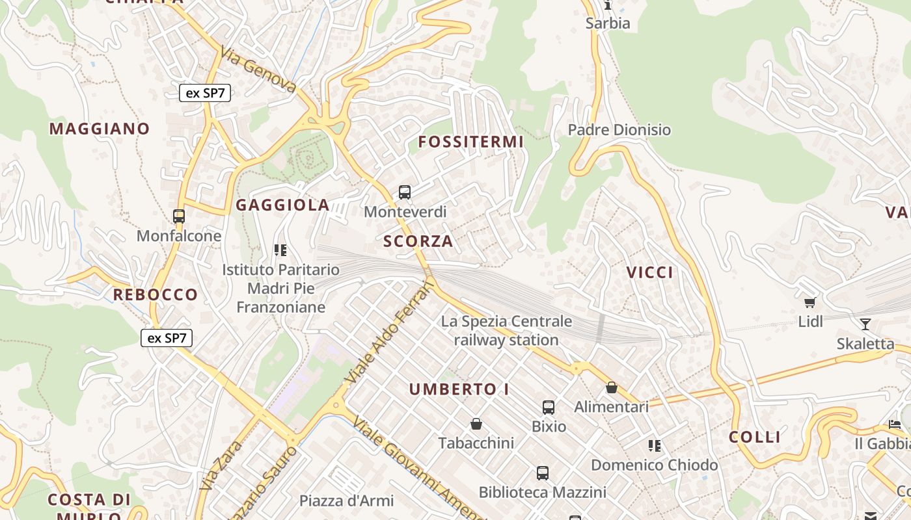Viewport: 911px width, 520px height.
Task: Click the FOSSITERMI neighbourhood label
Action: tap(470, 142)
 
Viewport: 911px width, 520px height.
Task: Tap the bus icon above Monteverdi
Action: tap(405, 192)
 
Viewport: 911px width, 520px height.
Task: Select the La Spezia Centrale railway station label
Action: tap(506, 330)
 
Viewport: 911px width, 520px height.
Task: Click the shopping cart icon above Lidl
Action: tap(810, 302)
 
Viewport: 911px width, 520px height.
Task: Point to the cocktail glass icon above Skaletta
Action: tap(865, 324)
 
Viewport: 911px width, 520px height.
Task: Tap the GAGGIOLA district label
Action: tap(282, 205)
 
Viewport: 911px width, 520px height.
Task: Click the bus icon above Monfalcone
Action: tap(179, 216)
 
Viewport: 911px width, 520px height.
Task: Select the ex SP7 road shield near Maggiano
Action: tap(205, 93)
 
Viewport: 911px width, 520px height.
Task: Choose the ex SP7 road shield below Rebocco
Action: tap(167, 338)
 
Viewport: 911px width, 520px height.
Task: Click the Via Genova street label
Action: tap(258, 70)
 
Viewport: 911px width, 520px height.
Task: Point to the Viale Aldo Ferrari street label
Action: tap(390, 332)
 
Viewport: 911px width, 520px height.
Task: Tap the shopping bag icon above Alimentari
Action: tap(611, 387)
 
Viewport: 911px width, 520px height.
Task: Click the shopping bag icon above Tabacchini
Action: tap(476, 424)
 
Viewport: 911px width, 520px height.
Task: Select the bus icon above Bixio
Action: tap(549, 408)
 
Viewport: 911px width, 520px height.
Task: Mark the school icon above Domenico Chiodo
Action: tap(655, 446)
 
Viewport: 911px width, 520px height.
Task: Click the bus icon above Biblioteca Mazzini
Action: tap(543, 473)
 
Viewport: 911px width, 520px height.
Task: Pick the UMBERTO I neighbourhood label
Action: tap(459, 389)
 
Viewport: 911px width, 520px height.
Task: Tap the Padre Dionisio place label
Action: tap(619, 130)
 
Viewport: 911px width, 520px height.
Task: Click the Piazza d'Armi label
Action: tap(346, 500)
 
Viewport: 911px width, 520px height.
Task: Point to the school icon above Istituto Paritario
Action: tap(280, 250)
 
